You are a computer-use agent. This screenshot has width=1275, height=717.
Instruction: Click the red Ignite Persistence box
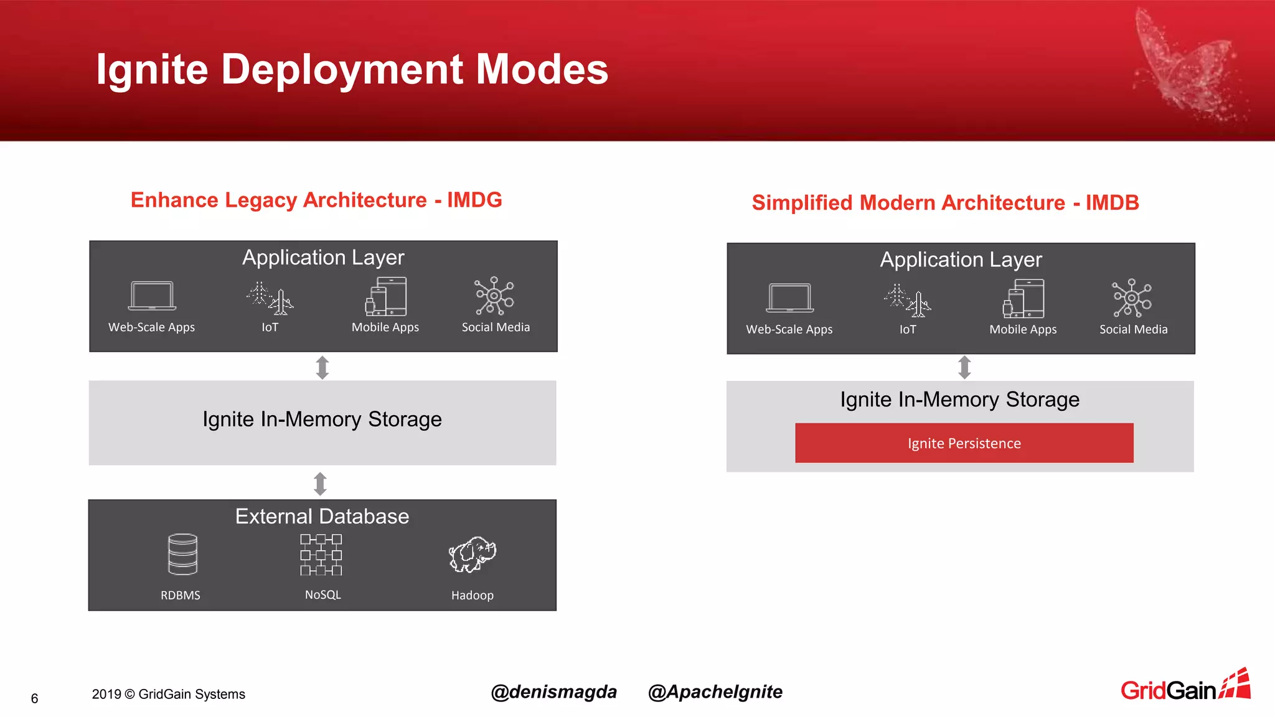(964, 443)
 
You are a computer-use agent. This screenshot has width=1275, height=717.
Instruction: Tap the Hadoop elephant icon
(472, 554)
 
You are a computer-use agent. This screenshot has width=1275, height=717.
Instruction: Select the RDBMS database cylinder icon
(182, 554)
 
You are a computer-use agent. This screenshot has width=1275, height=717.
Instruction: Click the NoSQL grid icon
(321, 554)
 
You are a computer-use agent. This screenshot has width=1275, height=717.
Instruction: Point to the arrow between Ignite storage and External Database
(321, 484)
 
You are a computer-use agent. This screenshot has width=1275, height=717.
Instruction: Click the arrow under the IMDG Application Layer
(322, 367)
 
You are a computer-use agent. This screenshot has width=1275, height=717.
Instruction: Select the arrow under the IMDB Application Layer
(964, 367)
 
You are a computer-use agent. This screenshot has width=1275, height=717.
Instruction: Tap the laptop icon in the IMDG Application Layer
(152, 296)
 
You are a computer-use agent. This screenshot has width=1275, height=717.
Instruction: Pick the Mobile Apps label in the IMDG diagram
(385, 327)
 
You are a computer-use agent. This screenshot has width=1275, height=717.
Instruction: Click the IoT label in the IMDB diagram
(908, 329)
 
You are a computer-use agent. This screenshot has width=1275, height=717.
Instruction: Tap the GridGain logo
(1185, 687)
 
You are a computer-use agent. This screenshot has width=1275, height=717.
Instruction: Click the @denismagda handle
(553, 692)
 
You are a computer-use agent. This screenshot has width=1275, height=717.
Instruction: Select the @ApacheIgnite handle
(715, 692)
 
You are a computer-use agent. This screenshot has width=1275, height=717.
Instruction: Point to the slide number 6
(35, 698)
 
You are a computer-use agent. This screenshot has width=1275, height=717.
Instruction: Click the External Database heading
(322, 517)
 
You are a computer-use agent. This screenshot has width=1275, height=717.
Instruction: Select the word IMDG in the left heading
(474, 200)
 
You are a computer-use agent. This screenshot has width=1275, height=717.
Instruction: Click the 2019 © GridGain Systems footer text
(168, 694)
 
